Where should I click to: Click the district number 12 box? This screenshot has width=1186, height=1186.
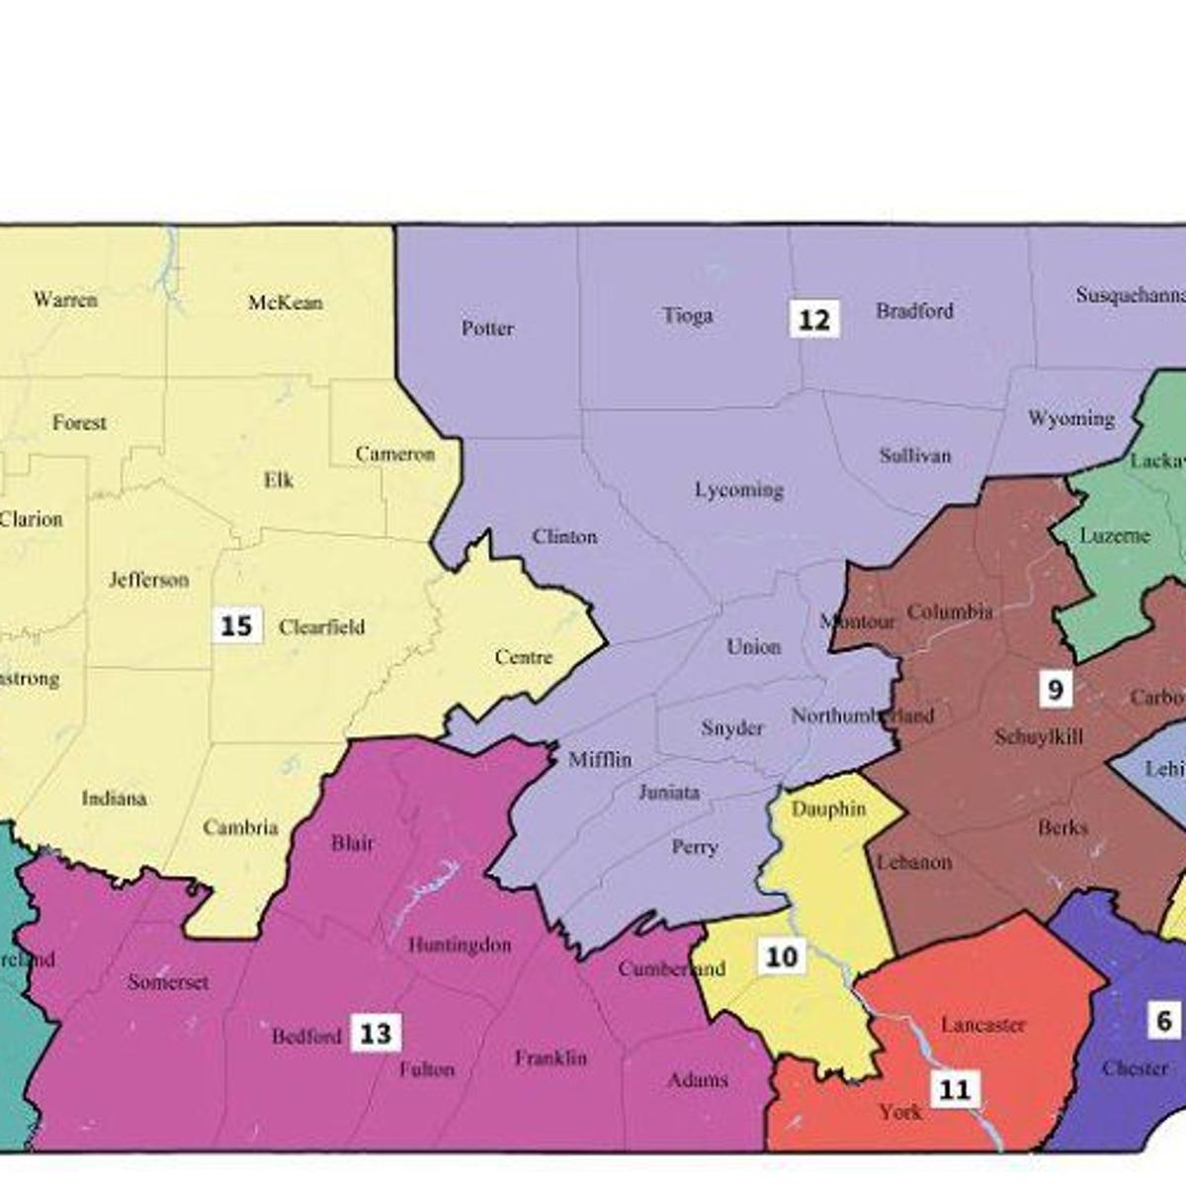pos(814,320)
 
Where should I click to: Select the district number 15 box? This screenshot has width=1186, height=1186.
pos(236,627)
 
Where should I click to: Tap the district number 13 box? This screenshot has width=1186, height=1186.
pos(376,1034)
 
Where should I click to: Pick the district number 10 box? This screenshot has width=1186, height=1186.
pos(782,957)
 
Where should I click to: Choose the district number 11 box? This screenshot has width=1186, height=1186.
pos(954,1089)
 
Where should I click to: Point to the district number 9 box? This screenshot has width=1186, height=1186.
pos(1055,689)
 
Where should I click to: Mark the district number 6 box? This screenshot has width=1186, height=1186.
pos(1164,1021)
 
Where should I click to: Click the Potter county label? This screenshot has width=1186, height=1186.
pos(487,328)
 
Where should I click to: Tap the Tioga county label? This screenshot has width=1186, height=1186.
pos(687,315)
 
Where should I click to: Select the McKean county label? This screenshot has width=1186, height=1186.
pos(285,302)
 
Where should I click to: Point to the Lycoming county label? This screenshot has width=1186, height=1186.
pos(738,489)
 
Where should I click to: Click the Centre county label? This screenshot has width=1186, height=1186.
pos(523,657)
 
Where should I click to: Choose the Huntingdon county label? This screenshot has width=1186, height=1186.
pos(460,945)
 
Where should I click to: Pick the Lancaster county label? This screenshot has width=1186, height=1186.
pos(982,1025)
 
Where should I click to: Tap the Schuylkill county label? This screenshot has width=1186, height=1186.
pos(1039,736)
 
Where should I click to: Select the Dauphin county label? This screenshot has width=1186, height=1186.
pos(828,808)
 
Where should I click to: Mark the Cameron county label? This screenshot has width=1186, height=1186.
pos(394,454)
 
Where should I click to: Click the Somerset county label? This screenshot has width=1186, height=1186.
pos(168,982)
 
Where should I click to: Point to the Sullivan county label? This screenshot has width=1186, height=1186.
pos(915,456)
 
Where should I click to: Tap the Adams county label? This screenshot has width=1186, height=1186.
pos(697,1079)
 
